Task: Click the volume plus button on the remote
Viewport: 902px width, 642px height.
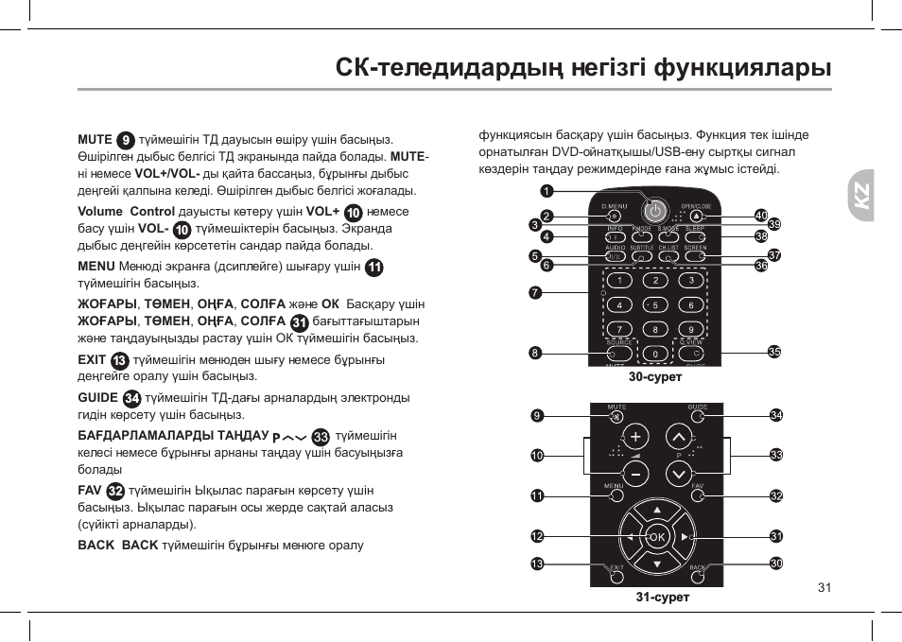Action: [635, 437]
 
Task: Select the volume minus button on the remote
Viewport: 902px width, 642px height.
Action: [635, 472]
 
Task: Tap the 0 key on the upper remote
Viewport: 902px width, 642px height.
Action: [655, 354]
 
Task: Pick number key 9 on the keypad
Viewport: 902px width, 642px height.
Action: [691, 329]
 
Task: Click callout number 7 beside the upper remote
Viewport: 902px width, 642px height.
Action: [535, 292]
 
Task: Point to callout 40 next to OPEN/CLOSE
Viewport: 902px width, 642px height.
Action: [760, 216]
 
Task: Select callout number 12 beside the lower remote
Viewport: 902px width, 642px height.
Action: [537, 536]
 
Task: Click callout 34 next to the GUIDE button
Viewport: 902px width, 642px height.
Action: [776, 415]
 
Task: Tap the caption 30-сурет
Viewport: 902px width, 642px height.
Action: [655, 376]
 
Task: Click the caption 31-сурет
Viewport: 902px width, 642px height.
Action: [662, 597]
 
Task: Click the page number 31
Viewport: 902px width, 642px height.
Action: [824, 587]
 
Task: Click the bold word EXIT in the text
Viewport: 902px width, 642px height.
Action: [92, 360]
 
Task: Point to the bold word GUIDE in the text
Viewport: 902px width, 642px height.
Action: [97, 398]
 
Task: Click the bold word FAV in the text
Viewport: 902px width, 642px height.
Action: [89, 491]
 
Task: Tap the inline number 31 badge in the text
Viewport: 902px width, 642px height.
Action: [299, 322]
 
